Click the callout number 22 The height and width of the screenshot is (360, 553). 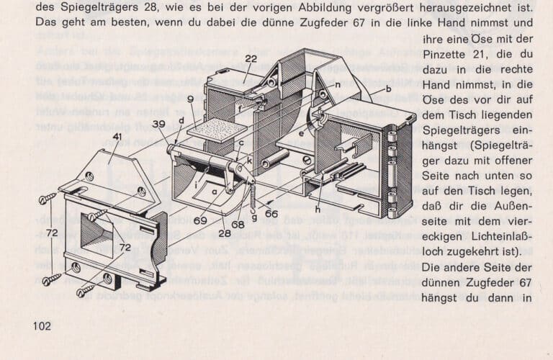[251, 59]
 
